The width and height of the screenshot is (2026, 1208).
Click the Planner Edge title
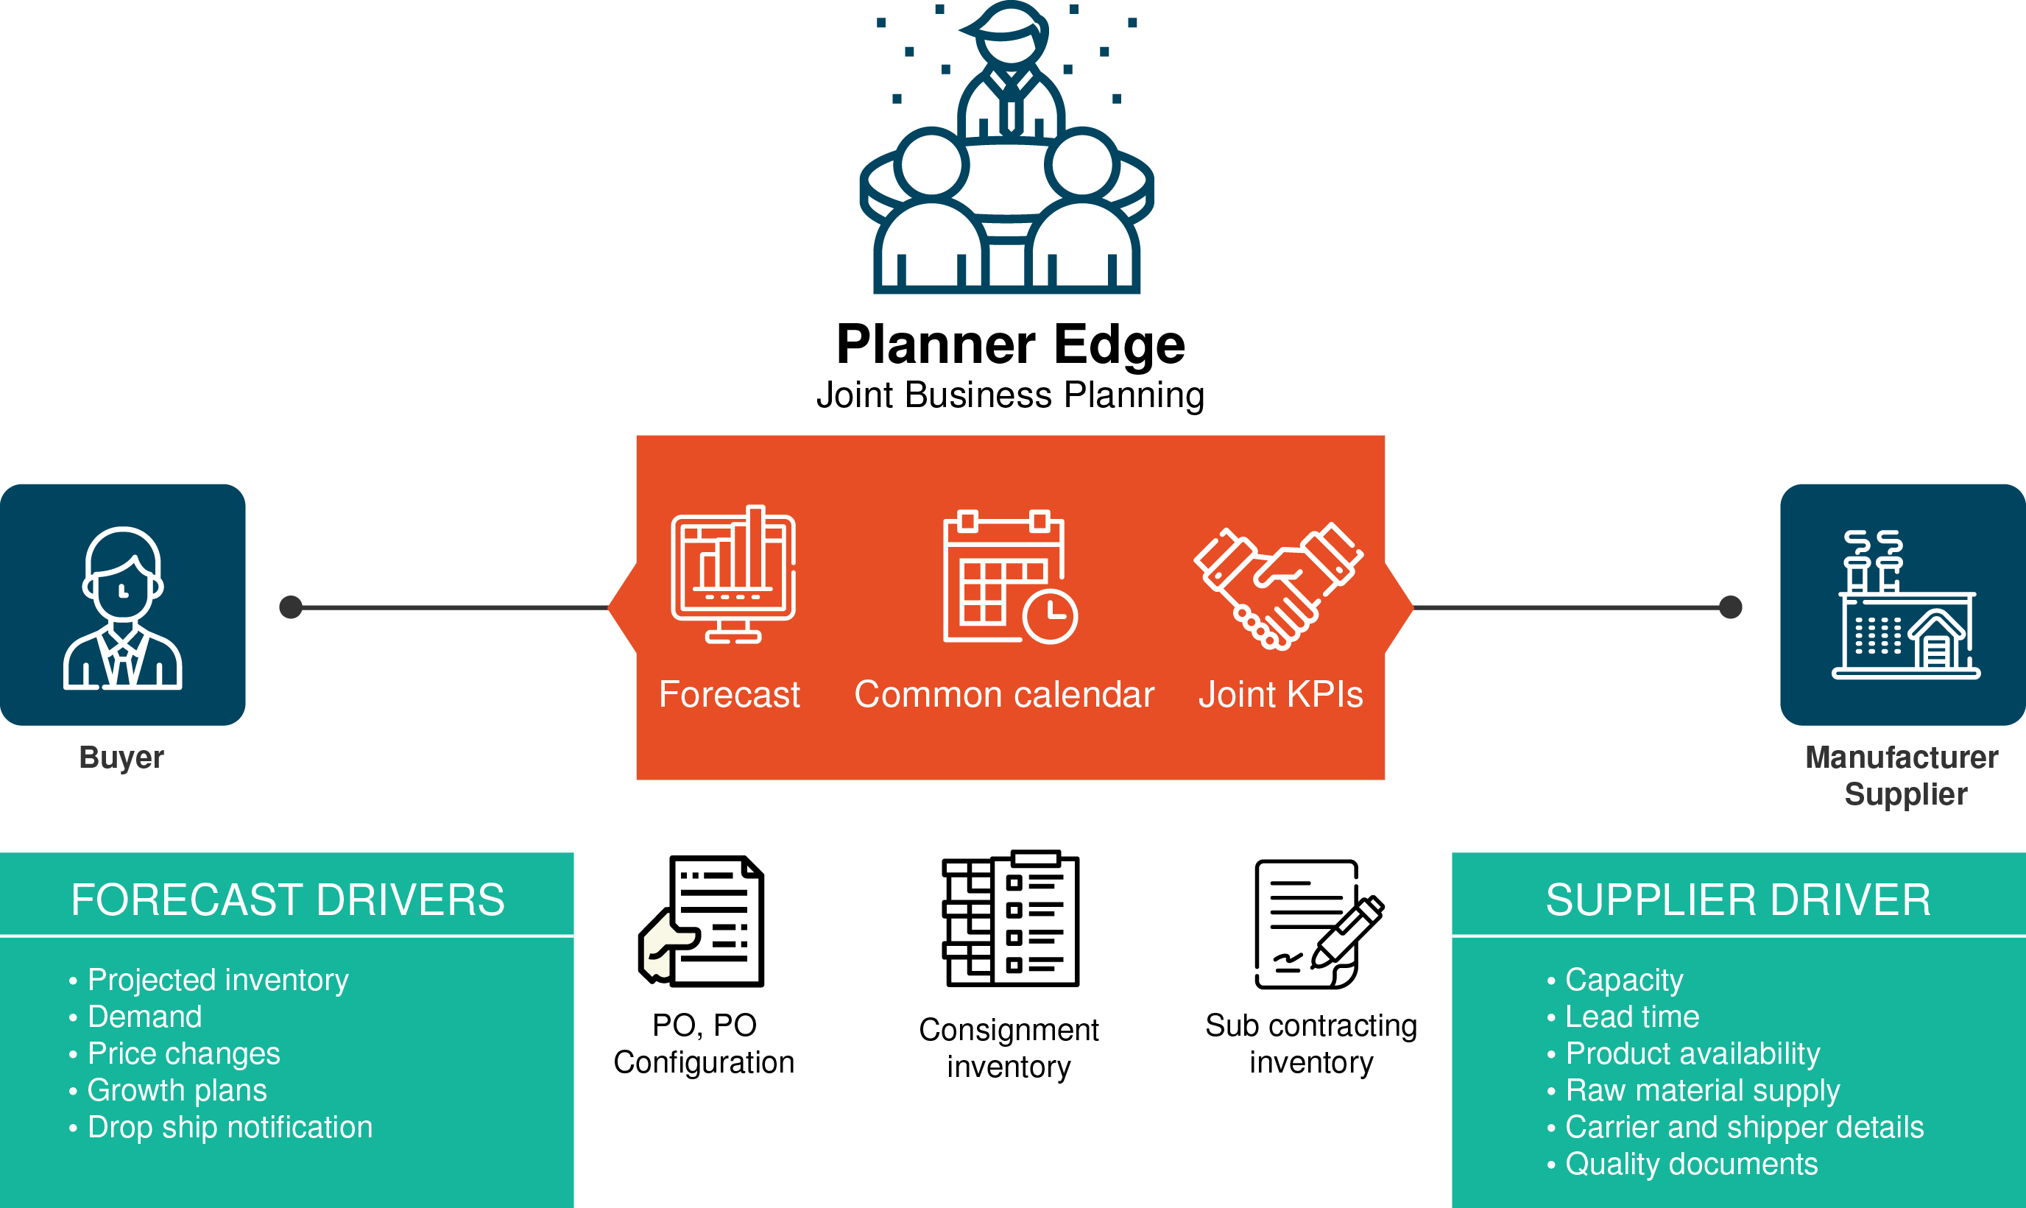(1010, 345)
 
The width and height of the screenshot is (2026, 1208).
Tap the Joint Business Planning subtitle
(1010, 395)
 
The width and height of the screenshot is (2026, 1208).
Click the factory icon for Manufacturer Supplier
(1905, 604)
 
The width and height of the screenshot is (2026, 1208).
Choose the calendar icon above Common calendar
(1010, 577)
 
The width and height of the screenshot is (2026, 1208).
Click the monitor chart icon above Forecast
(733, 575)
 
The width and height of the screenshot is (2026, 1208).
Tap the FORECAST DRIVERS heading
(287, 900)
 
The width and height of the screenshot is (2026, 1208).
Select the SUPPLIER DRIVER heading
(1738, 900)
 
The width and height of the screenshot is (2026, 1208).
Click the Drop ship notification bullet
(222, 1128)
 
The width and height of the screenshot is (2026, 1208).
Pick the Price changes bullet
(175, 1053)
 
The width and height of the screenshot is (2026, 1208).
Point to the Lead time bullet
(1624, 1017)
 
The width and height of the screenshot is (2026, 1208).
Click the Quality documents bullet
(1682, 1164)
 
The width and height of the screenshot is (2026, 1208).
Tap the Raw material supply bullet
(1694, 1091)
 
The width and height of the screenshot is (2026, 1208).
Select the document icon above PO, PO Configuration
(702, 921)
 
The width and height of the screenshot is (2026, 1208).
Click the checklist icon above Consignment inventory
(1011, 918)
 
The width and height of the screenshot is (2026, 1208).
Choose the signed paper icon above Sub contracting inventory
(1319, 924)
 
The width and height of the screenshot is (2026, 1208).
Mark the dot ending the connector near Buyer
(291, 607)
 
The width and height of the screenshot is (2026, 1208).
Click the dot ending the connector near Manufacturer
(1731, 607)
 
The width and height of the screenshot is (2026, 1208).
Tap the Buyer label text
(122, 757)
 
